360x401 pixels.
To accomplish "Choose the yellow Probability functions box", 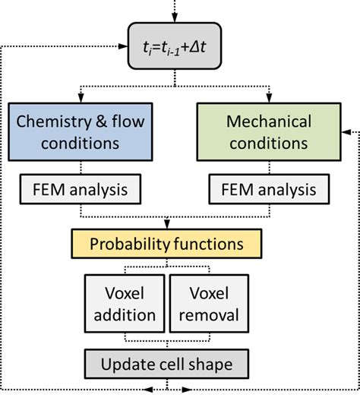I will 166,244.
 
